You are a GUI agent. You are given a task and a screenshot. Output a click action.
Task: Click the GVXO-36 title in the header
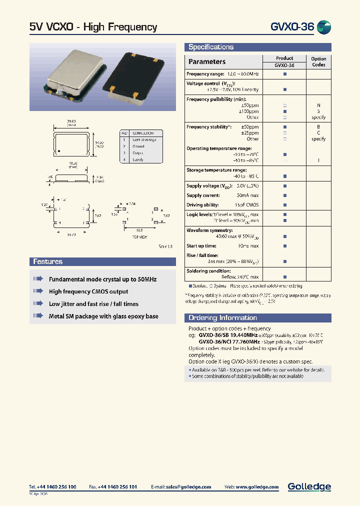292,27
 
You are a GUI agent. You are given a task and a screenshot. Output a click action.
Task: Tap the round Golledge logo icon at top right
324,27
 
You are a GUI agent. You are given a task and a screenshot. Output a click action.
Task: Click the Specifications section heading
210,47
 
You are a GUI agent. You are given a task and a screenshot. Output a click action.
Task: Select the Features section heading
48,261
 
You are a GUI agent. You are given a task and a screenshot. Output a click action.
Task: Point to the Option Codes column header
318,61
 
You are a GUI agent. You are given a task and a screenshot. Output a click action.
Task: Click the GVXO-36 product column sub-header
284,65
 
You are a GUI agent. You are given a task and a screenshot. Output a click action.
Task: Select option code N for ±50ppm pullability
318,105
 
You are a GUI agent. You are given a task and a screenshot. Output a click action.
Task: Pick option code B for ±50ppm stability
318,127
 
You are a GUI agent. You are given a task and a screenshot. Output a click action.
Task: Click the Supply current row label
203,195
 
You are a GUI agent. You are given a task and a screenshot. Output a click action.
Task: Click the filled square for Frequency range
285,74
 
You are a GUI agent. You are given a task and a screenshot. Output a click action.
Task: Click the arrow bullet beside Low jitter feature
38,303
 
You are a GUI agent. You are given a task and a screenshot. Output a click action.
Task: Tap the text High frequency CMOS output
88,291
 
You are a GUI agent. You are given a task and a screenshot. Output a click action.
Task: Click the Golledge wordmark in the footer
309,486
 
